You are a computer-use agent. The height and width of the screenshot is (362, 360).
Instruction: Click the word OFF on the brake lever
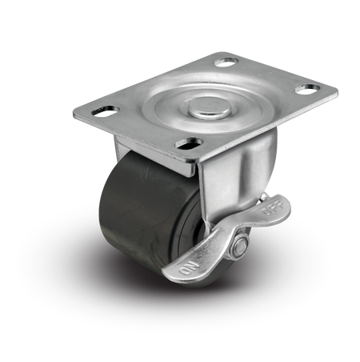coord(273,208)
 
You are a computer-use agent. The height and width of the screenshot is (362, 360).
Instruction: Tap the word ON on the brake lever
coord(189,268)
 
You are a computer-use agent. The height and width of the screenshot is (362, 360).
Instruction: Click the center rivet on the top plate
coord(210,108)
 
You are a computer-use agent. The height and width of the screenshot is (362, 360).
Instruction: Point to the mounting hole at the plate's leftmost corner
coord(106,111)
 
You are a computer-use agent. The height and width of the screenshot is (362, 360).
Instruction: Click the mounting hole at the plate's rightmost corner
coord(307,89)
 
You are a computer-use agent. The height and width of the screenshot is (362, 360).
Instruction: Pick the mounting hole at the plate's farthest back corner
coord(226,62)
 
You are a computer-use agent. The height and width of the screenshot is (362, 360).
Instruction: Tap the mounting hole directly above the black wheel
coord(189,143)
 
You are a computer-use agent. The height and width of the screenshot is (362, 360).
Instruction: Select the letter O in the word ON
coord(185,271)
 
